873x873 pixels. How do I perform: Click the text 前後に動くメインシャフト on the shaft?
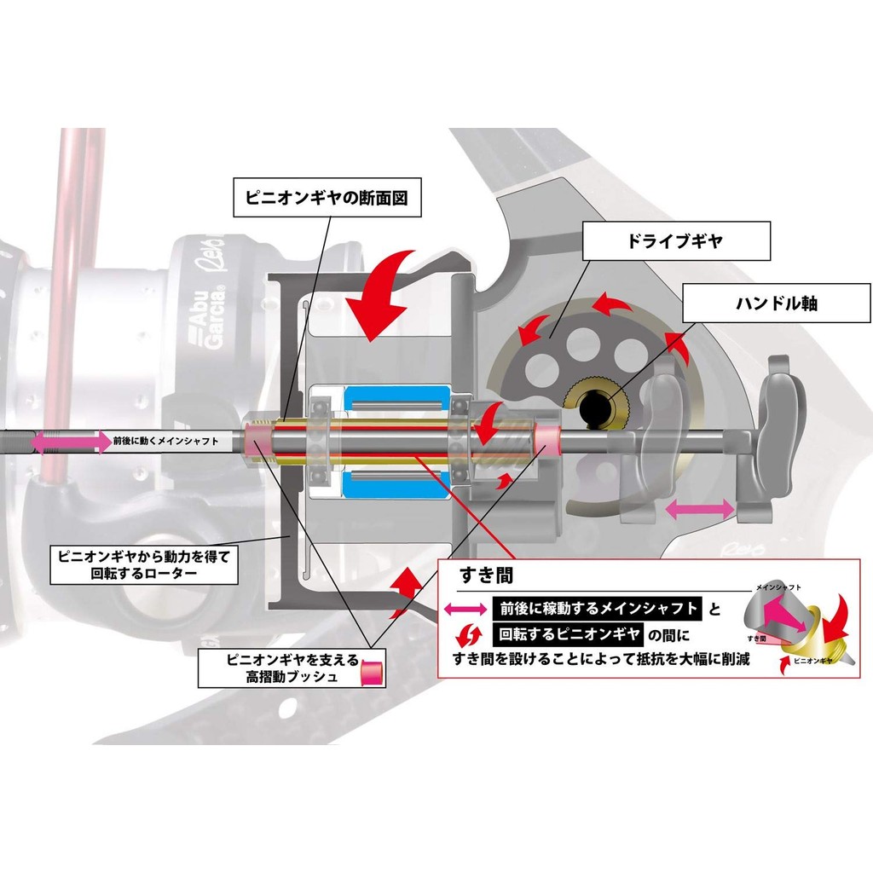[x=165, y=442]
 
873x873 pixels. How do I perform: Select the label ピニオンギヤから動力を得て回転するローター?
[x=145, y=564]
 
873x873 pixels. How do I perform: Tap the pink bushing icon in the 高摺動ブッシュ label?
[x=372, y=672]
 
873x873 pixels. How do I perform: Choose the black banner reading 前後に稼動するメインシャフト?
[x=597, y=609]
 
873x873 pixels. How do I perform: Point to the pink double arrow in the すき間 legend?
[x=465, y=610]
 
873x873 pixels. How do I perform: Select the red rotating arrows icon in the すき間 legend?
[x=465, y=634]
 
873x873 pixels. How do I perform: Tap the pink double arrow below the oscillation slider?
[x=700, y=510]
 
